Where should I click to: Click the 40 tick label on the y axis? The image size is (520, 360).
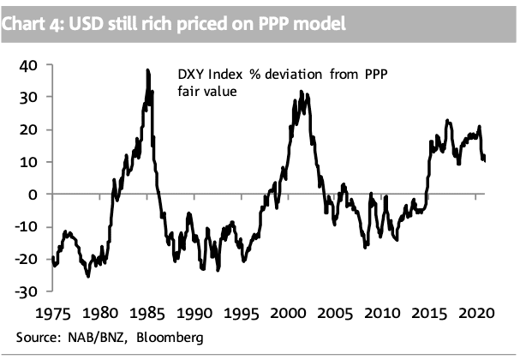(x=31, y=65)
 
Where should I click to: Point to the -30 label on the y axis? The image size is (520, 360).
(x=28, y=291)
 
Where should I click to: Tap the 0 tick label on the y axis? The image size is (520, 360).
(x=35, y=195)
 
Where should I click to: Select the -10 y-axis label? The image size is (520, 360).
(x=28, y=227)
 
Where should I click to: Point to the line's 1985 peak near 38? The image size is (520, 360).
(x=147, y=70)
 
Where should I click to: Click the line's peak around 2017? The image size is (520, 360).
(x=448, y=121)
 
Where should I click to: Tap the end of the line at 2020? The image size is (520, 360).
(x=484, y=160)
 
